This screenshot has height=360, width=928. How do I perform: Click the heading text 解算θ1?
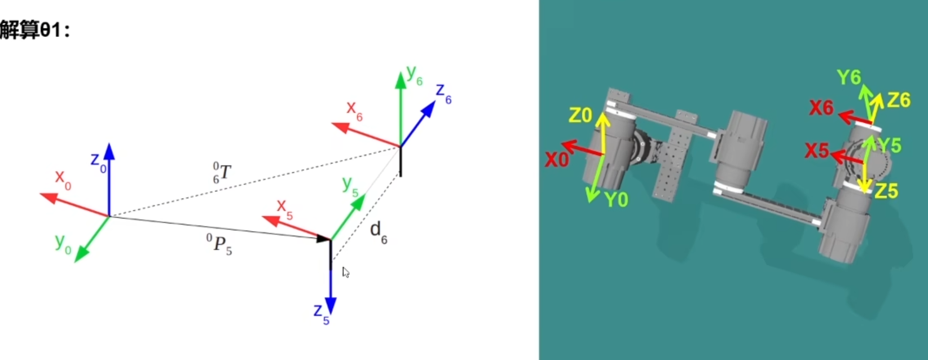(x=35, y=29)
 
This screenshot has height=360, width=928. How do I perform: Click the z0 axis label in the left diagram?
(x=98, y=161)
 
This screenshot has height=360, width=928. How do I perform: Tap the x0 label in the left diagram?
(x=63, y=179)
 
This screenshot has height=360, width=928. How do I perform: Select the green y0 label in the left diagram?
(x=63, y=243)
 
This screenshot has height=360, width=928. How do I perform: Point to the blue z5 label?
(x=321, y=314)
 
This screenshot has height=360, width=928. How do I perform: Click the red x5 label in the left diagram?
(x=284, y=208)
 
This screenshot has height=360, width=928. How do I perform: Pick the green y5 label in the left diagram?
(x=350, y=186)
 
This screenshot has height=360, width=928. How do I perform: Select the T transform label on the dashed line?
(x=222, y=172)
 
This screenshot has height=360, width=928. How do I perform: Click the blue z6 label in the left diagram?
(x=443, y=93)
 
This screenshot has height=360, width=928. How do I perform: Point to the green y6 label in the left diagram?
(x=414, y=75)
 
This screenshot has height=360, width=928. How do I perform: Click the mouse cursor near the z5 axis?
(x=346, y=273)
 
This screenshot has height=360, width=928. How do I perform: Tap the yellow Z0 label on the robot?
(x=580, y=116)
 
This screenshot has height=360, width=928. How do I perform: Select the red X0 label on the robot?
(x=556, y=160)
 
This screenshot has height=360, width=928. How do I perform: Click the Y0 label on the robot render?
(x=616, y=200)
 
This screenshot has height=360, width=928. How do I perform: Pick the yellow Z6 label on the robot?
(x=899, y=100)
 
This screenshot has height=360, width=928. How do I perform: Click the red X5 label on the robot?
(x=816, y=151)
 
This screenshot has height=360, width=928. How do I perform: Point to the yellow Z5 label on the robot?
(x=886, y=191)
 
